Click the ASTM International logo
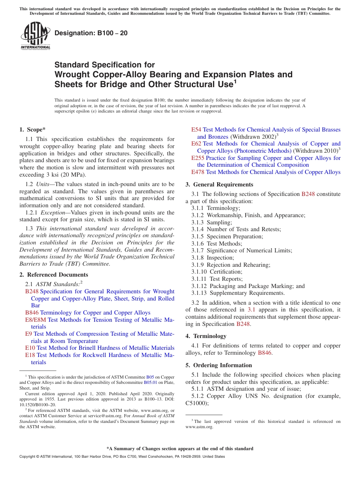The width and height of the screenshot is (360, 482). tap(35, 36)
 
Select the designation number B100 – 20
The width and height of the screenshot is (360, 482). tap(91, 33)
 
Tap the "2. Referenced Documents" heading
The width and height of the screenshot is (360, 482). tap(54, 275)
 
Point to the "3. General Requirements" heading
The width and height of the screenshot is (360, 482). tap(219, 185)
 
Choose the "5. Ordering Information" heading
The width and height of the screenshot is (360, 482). tap(219, 365)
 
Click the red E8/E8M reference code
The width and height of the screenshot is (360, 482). tap(36, 320)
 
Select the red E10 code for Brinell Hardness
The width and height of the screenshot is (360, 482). tap(30, 348)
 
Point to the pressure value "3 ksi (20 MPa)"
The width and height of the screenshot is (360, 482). tap(66, 175)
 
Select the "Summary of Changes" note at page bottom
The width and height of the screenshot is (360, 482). tap(180, 449)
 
